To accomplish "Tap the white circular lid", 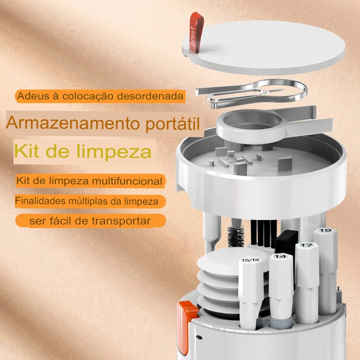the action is pyautogui.click(x=264, y=47).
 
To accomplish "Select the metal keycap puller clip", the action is pyautogui.click(x=252, y=93).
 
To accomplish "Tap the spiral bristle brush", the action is pyautogui.click(x=235, y=237).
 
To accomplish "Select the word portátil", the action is pyautogui.click(x=173, y=124).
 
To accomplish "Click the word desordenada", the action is pyautogui.click(x=150, y=96).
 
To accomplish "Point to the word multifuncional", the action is pyautogui.click(x=127, y=181).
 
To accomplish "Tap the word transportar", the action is pyautogui.click(x=121, y=221).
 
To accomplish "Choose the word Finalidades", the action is pyautogui.click(x=40, y=201).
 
